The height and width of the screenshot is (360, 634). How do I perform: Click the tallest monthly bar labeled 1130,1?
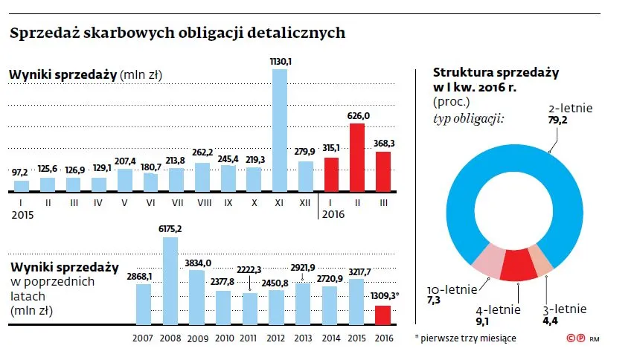pyautogui.click(x=280, y=130)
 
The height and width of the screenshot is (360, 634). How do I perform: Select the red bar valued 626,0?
pyautogui.click(x=357, y=158)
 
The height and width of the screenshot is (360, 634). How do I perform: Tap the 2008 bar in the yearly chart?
pyautogui.click(x=170, y=280)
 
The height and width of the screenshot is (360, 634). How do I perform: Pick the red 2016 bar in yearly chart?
pyautogui.click(x=382, y=315)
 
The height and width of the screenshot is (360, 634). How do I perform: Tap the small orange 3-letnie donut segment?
pyautogui.click(x=542, y=258)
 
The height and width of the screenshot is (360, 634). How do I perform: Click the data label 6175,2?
pyautogui.click(x=170, y=229)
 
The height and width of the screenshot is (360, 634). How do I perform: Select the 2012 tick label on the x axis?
pyautogui.click(x=277, y=337)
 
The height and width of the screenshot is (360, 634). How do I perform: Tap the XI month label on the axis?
pyautogui.click(x=280, y=201)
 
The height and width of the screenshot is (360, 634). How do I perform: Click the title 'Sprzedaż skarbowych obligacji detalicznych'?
pyautogui.click(x=177, y=33)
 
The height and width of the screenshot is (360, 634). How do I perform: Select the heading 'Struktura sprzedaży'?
pyautogui.click(x=496, y=72)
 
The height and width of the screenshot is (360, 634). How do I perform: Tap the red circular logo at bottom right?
pyautogui.click(x=574, y=338)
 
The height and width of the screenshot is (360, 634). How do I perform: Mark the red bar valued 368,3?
pyautogui.click(x=382, y=172)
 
